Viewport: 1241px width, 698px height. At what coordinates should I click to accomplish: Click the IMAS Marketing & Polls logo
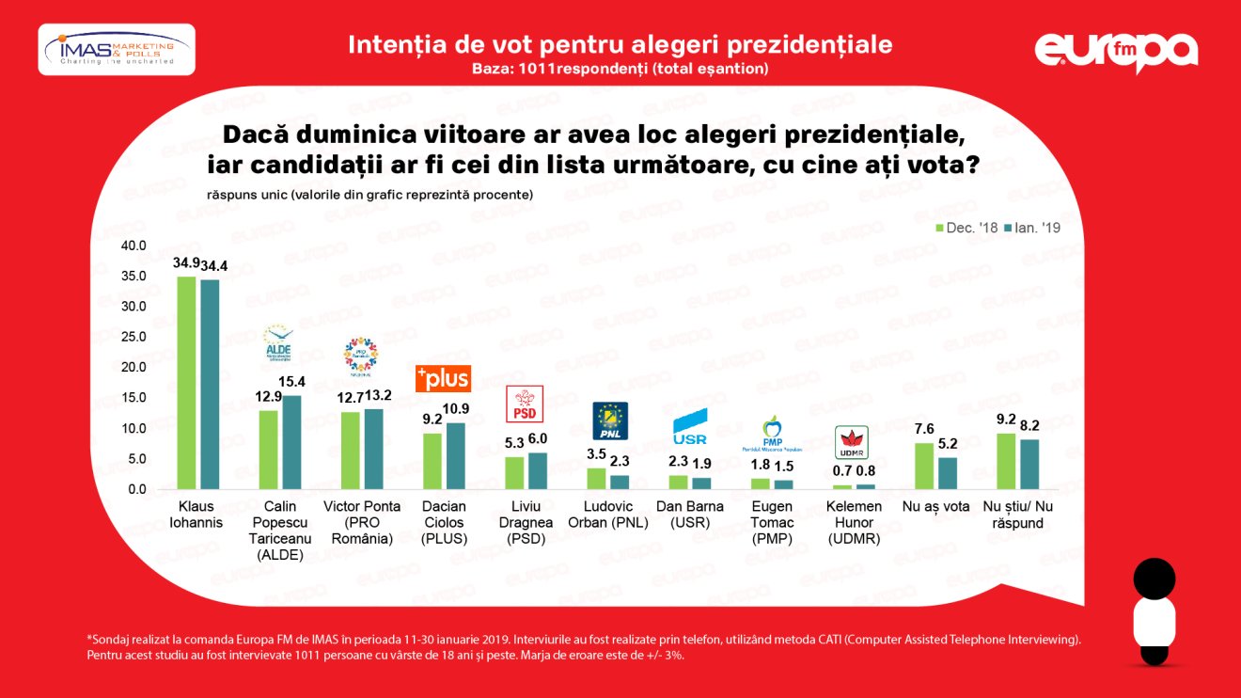[x=117, y=49]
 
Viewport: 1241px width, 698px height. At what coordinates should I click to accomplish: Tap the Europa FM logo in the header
[x=1116, y=51]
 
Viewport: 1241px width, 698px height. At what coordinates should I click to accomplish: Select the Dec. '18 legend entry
[x=967, y=228]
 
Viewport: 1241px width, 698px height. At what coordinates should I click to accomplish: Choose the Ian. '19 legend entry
[x=1032, y=228]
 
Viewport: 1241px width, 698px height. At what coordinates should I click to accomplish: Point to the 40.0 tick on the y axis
[x=134, y=246]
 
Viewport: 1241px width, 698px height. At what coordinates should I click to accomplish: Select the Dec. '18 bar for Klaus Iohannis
[x=186, y=383]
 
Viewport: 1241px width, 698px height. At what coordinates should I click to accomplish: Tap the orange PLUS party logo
[x=443, y=378]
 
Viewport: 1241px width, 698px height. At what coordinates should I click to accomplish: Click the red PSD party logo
[x=525, y=405]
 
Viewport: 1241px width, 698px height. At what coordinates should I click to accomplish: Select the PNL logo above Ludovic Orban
[x=609, y=420]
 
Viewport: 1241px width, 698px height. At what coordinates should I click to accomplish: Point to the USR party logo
[x=689, y=429]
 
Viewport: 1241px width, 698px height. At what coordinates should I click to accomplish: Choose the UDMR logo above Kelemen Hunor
[x=853, y=441]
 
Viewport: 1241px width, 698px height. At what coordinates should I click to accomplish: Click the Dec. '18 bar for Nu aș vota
[x=924, y=466]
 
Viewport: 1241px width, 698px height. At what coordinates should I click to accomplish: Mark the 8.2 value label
[x=1030, y=425]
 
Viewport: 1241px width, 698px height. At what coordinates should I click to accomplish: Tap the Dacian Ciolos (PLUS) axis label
[x=445, y=522]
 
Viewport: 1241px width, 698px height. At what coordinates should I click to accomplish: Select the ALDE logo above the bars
[x=279, y=345]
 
